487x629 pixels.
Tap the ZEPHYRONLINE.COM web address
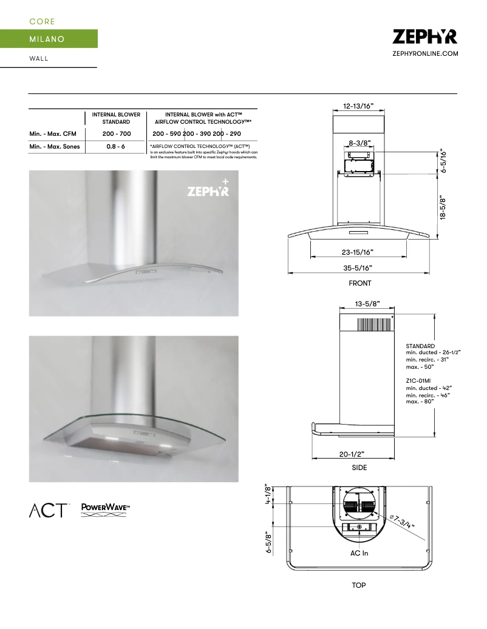pos(425,54)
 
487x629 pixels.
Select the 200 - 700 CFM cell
pos(116,133)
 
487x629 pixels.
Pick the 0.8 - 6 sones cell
pos(116,147)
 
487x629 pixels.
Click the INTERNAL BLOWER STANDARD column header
pos(116,118)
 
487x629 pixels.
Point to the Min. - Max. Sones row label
pos(55,147)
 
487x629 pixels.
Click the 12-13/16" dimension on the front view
pos(358,106)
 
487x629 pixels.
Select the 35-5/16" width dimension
pos(358,267)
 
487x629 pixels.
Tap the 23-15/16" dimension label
pos(358,252)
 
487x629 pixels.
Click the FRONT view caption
pos(359,283)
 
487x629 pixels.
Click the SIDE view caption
pos(359,468)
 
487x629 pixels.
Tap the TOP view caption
pos(359,585)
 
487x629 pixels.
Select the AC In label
pos(359,553)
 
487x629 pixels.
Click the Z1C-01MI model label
pos(418,380)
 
